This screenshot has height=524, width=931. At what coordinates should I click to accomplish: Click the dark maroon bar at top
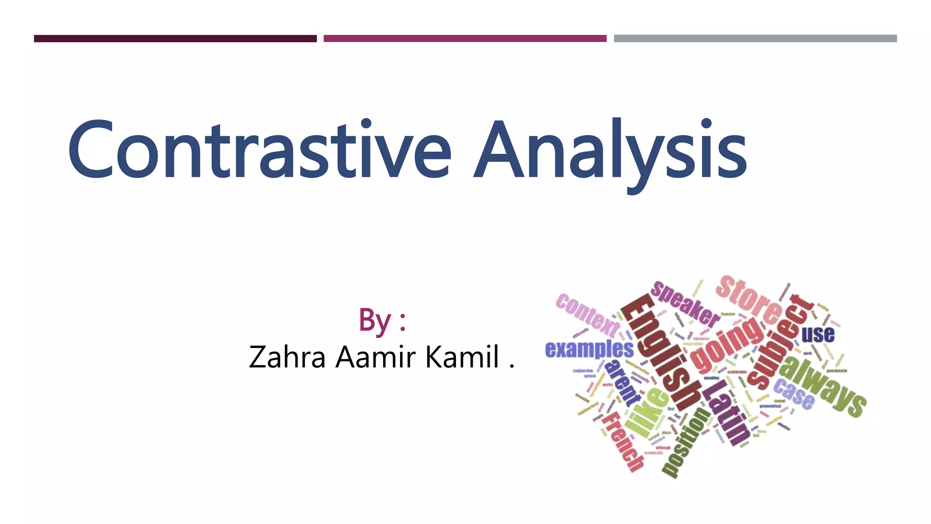175,39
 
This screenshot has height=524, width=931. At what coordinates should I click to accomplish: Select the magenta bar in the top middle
465,39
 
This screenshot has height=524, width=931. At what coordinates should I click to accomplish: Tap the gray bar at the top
755,39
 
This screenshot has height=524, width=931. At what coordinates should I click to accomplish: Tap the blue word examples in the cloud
589,349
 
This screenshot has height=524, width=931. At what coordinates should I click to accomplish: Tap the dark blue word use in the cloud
818,334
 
